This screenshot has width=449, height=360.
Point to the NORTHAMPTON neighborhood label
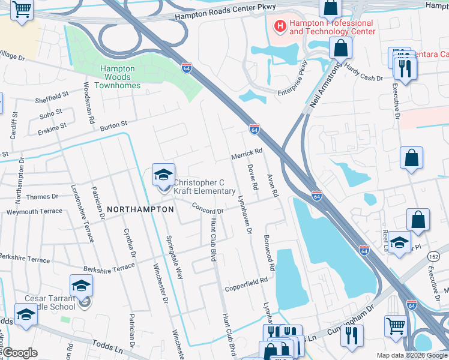(x=140, y=209)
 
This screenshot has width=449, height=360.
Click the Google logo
(x=20, y=352)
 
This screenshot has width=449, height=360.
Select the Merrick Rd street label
(x=247, y=154)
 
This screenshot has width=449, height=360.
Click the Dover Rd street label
(x=253, y=178)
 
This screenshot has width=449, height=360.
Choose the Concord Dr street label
(x=208, y=208)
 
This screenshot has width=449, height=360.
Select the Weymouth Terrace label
(x=34, y=211)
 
